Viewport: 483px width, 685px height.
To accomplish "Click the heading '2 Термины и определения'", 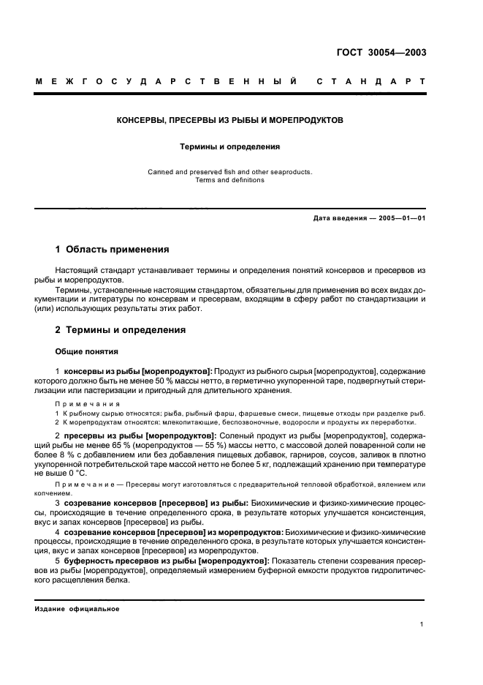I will (x=121, y=330).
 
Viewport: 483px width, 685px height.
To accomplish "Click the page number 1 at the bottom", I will (x=422, y=624).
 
